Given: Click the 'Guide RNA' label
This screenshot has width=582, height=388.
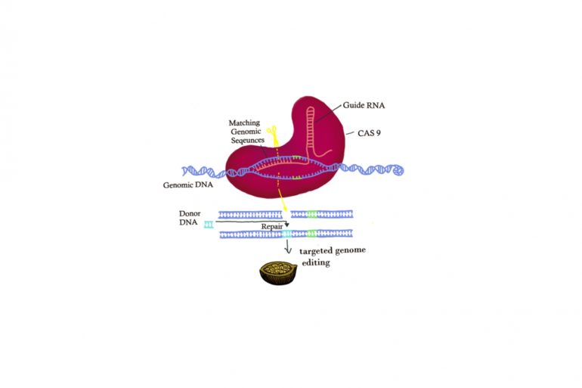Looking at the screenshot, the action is click(x=364, y=105).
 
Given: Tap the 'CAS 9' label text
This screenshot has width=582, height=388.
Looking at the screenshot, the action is click(x=369, y=133).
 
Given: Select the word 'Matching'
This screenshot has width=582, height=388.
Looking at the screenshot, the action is click(x=244, y=123).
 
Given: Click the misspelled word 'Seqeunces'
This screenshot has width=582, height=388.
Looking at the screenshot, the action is click(x=248, y=141).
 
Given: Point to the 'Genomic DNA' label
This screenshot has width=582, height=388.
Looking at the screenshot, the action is click(x=187, y=185).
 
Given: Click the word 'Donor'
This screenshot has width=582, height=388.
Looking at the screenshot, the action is click(x=190, y=213).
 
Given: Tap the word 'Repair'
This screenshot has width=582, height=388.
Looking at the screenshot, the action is click(x=272, y=226).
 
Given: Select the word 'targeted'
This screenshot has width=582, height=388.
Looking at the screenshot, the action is click(x=316, y=251).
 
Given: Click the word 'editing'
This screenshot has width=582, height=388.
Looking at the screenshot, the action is click(x=316, y=262).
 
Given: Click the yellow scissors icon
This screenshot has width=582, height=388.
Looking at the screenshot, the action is click(x=273, y=131).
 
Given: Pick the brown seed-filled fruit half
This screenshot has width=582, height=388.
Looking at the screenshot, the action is click(x=278, y=273).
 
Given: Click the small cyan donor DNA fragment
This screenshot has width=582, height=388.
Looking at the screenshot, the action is click(x=209, y=225).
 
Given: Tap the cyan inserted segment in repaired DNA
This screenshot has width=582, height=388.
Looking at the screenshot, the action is click(x=286, y=234).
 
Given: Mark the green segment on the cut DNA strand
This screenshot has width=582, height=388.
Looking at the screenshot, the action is click(x=312, y=214).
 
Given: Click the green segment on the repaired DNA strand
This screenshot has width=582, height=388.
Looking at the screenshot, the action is click(x=311, y=234).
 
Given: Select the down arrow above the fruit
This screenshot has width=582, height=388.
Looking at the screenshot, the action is click(x=288, y=247).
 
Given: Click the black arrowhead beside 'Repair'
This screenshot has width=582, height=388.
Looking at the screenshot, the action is click(x=286, y=225).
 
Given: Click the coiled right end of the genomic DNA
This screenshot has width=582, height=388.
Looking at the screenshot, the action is click(x=398, y=170).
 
